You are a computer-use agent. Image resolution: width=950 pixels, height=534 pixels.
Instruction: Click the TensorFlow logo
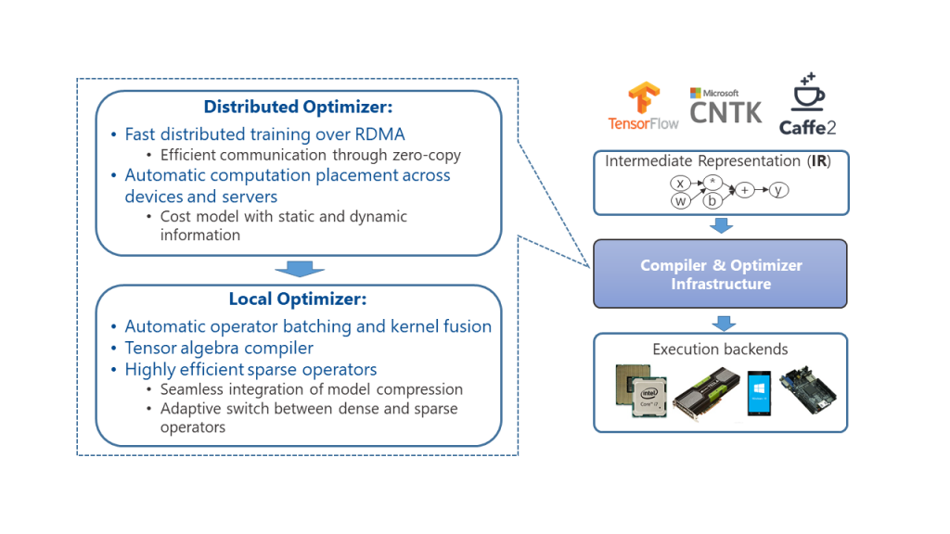tap(643, 107)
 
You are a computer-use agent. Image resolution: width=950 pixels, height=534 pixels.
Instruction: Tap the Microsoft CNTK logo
tap(725, 108)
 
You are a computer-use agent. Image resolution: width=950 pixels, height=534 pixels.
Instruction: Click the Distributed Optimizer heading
tap(299, 107)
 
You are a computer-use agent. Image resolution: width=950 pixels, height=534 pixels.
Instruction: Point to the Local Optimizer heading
tap(298, 299)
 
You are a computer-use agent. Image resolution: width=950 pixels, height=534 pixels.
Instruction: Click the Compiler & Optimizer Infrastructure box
tap(720, 274)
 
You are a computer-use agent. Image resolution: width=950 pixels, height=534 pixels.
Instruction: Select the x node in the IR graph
tap(680, 184)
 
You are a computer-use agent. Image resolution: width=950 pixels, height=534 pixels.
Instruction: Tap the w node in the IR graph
tap(680, 200)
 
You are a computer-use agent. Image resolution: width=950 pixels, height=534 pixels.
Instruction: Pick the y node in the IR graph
tap(779, 190)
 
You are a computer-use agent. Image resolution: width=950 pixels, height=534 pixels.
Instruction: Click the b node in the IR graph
tap(713, 199)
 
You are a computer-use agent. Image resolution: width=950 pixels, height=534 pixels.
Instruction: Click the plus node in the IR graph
tap(745, 190)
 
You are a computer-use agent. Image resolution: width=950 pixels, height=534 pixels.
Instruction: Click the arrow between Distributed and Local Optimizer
tap(299, 269)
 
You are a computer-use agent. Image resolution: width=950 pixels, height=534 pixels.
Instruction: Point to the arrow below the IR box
tap(721, 225)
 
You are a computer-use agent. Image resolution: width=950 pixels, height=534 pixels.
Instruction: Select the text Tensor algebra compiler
tap(219, 348)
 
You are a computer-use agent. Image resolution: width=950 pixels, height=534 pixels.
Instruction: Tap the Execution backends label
tap(720, 350)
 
